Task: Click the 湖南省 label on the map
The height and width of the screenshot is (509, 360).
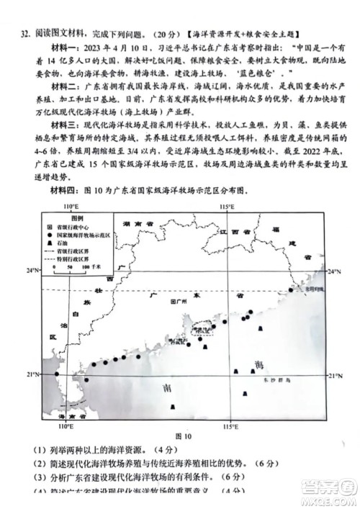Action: click(137, 224)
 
